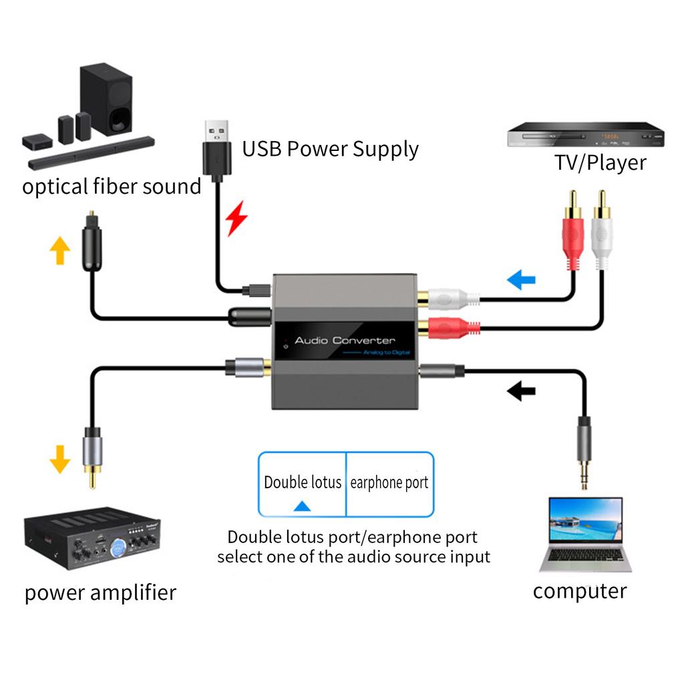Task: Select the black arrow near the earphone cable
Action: tap(521, 390)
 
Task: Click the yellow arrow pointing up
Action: tap(60, 251)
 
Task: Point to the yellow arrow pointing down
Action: tap(60, 460)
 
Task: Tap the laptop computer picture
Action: tap(585, 534)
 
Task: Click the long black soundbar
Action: tap(92, 152)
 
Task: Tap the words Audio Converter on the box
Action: tap(345, 341)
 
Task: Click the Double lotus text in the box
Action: tap(303, 482)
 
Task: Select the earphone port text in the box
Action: tap(389, 482)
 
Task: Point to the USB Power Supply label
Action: tap(330, 148)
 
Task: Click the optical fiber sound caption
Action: tap(112, 186)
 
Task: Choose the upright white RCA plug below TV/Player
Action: tap(601, 230)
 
